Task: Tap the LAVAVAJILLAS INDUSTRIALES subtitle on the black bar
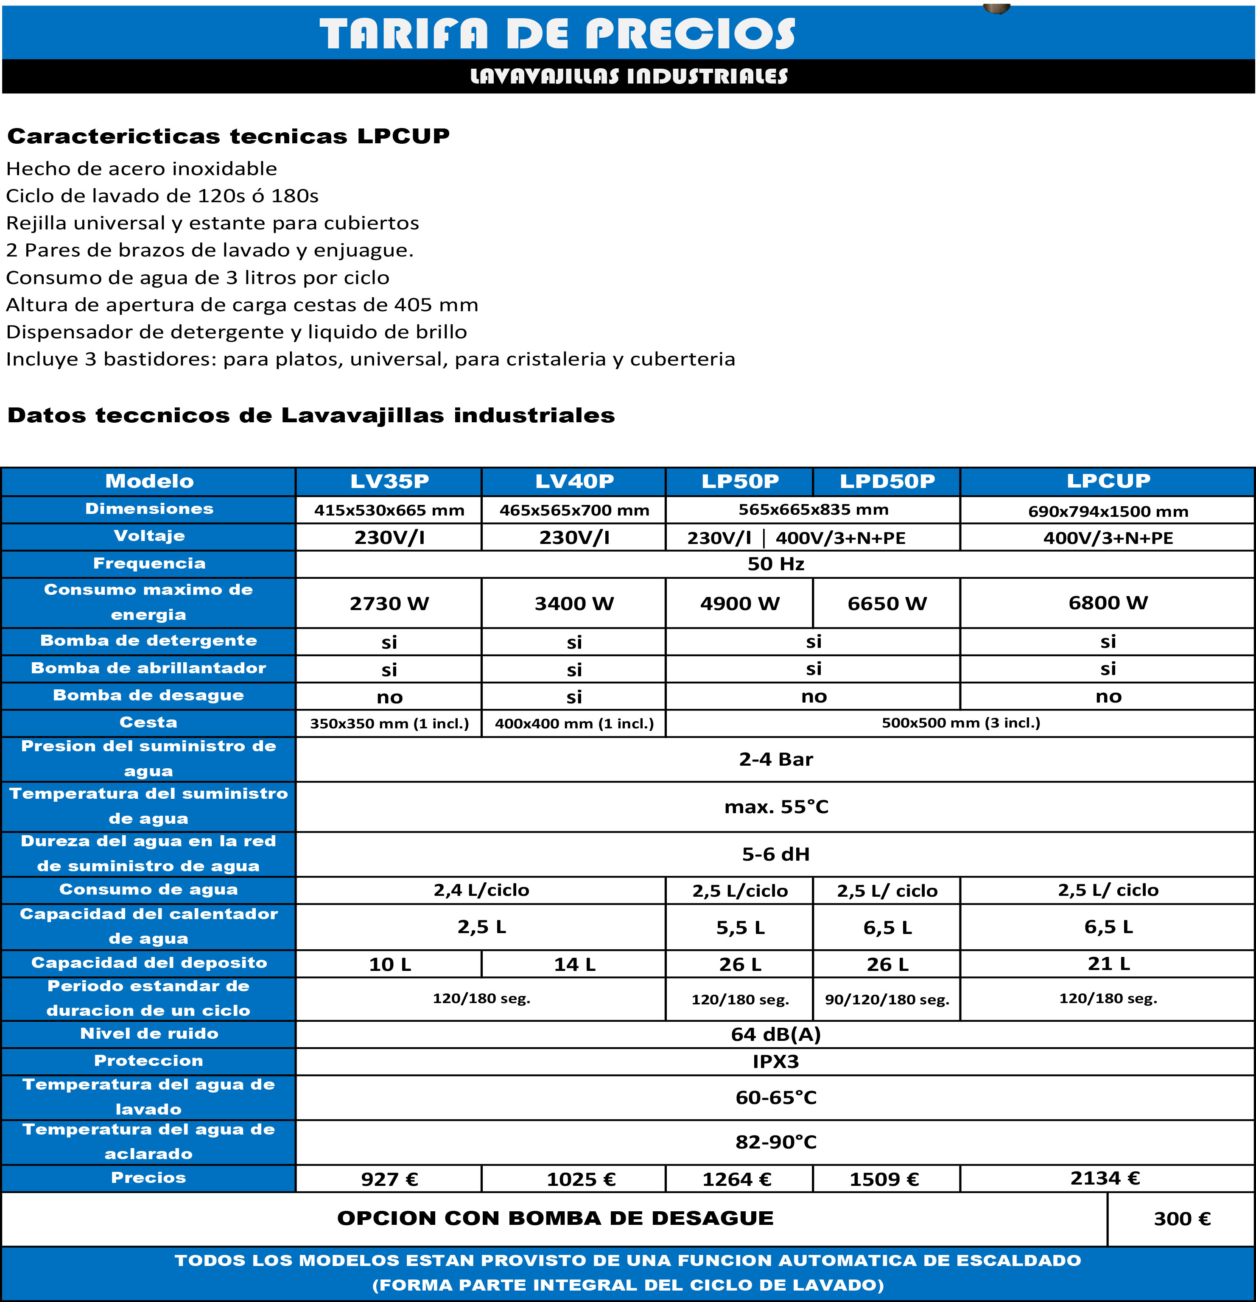tap(629, 76)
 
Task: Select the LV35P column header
tap(389, 481)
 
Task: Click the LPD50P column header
tap(887, 481)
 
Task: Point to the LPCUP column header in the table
tap(1108, 480)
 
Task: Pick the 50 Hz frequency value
tap(775, 564)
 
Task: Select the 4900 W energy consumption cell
tap(740, 603)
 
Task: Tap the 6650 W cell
tap(887, 603)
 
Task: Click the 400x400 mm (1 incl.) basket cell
tap(574, 723)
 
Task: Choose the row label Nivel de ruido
tap(149, 1034)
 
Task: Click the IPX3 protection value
tap(775, 1062)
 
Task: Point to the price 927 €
tap(389, 1179)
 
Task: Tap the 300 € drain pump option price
tap(1182, 1218)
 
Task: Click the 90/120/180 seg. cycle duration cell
tap(887, 999)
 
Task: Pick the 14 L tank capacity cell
tap(574, 964)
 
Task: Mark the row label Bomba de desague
tap(149, 695)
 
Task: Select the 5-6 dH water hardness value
tap(775, 854)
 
